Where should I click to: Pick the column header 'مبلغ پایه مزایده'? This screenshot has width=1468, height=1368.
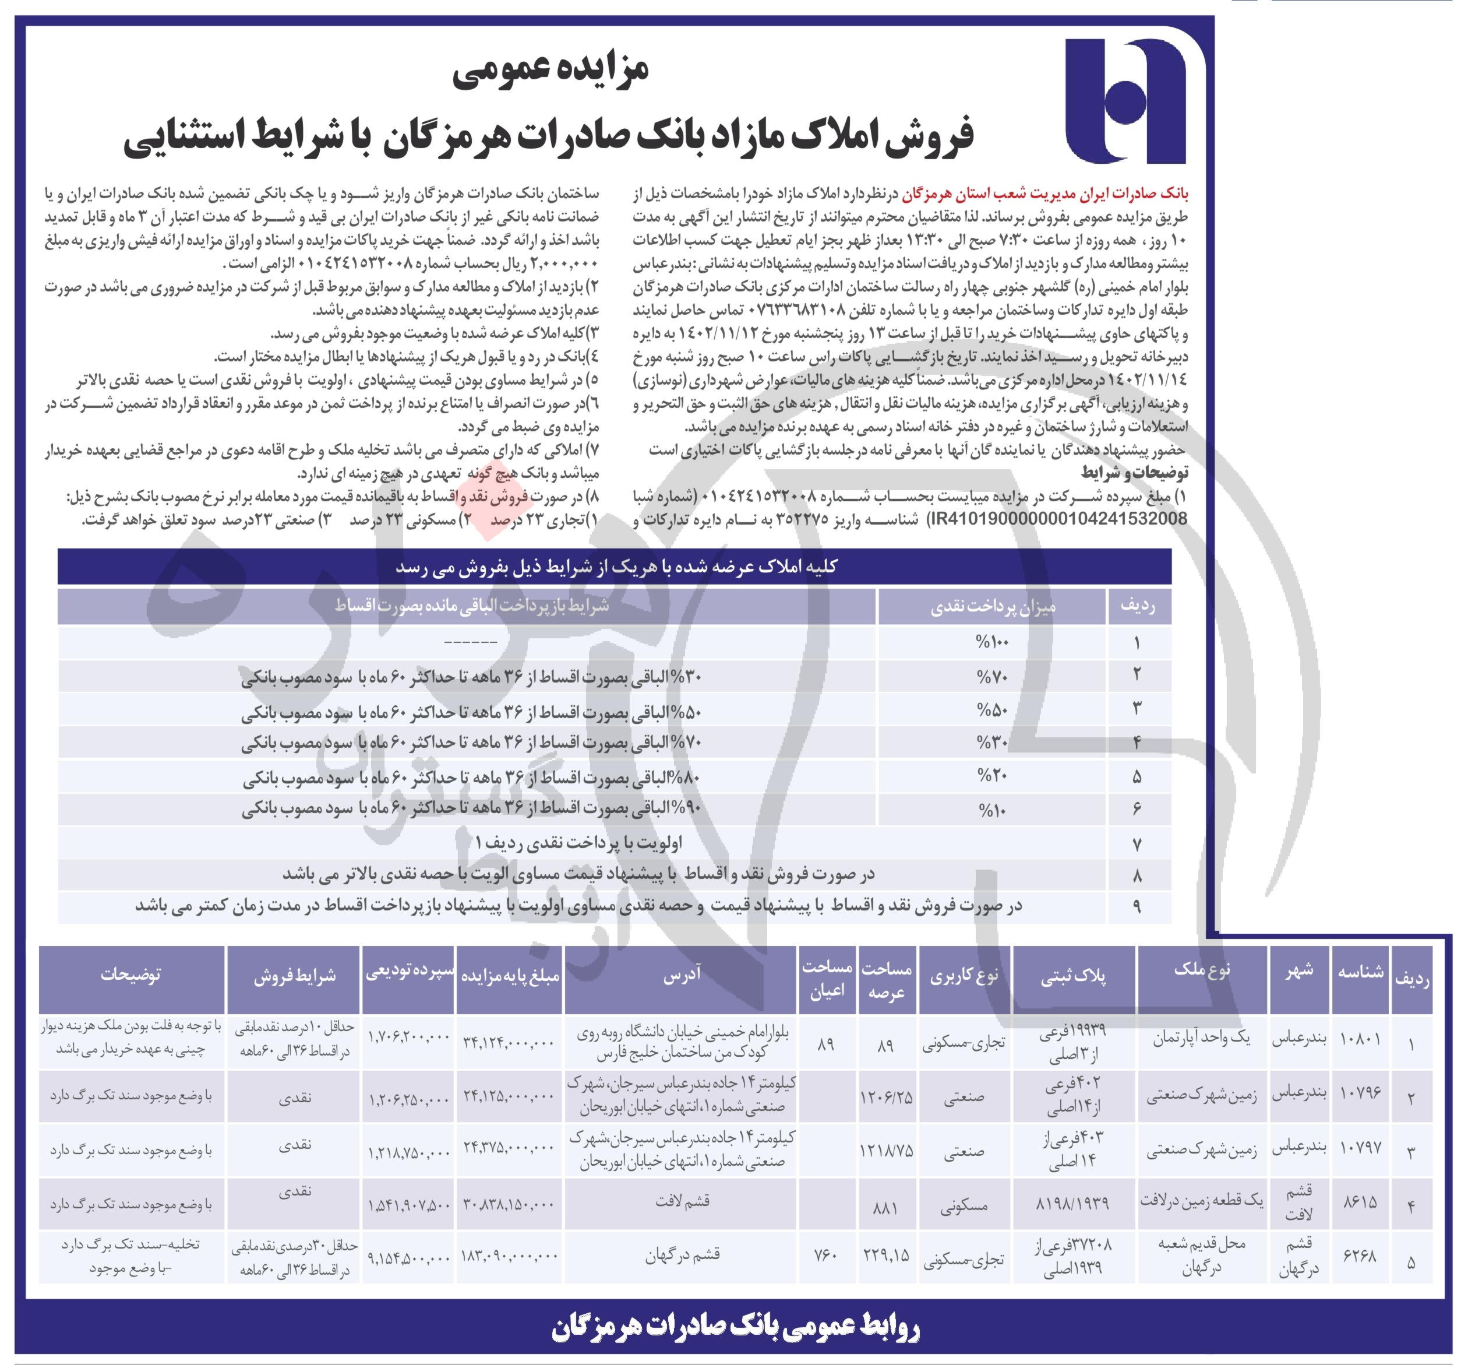(510, 976)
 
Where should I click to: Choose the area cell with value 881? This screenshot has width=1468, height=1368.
(885, 1208)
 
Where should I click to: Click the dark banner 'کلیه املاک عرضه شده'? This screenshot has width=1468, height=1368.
(616, 567)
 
